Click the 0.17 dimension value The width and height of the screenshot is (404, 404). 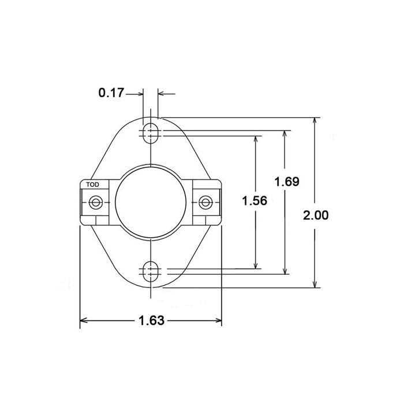coord(111,92)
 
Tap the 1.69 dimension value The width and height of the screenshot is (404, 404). coord(286,181)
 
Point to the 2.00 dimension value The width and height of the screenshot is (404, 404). coord(316,216)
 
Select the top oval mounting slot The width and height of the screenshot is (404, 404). coord(150,132)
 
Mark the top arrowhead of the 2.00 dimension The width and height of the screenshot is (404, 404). coord(316,122)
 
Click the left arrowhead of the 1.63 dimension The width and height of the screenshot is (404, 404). coord(83,320)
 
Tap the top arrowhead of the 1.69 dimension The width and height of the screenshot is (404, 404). coord(284,134)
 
